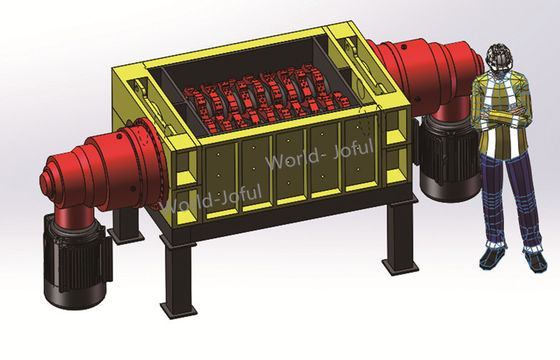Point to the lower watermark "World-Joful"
tap(211, 201)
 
